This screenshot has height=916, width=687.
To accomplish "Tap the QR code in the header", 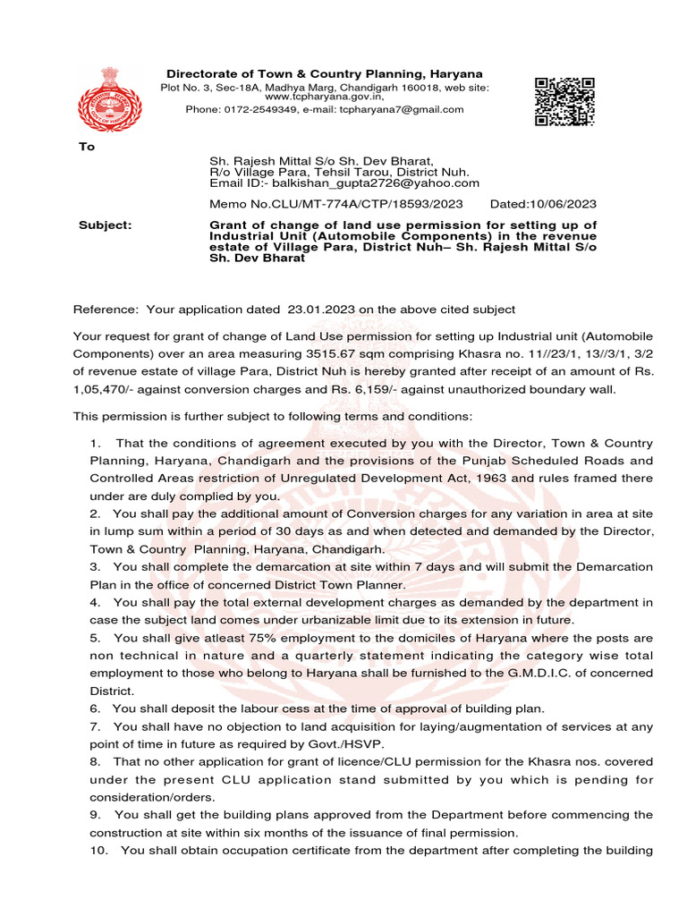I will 564,101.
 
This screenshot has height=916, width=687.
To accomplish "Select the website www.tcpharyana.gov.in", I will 324,98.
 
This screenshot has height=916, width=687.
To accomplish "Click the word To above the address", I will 87,147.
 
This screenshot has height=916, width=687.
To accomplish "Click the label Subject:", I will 105,225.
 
